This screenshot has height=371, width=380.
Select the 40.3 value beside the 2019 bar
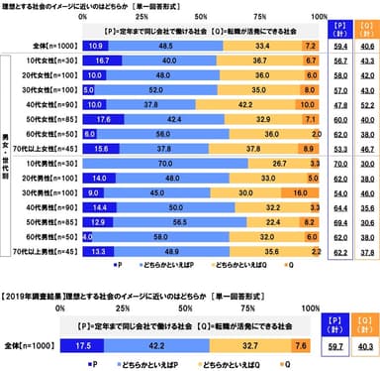pos(365,347)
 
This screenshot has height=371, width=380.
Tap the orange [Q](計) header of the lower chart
pos(365,323)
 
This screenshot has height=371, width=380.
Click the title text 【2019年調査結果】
pos(40,294)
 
